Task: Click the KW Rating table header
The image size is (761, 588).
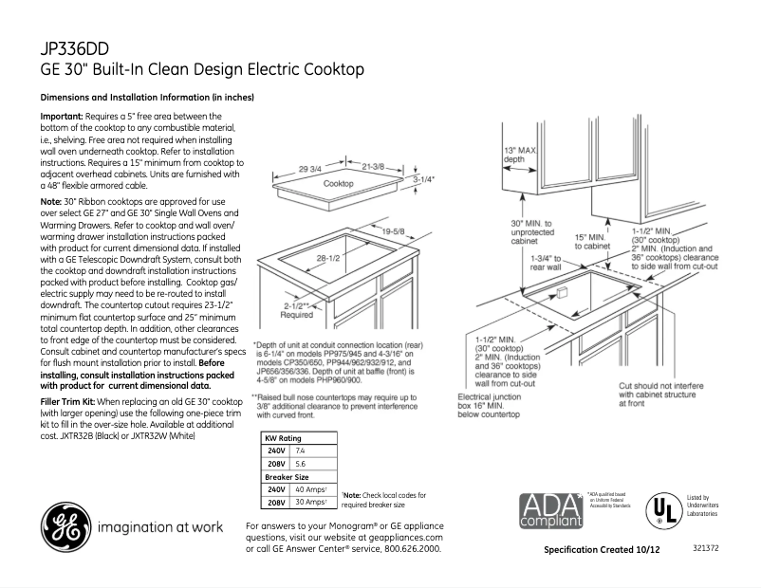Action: point(283,438)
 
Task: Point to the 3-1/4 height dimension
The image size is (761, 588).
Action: point(422,178)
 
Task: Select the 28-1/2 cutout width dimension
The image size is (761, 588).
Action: point(328,258)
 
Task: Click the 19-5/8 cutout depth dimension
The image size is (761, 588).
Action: point(394,230)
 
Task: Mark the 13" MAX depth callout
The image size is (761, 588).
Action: point(519,156)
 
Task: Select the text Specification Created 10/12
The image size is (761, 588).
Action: point(601,550)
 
